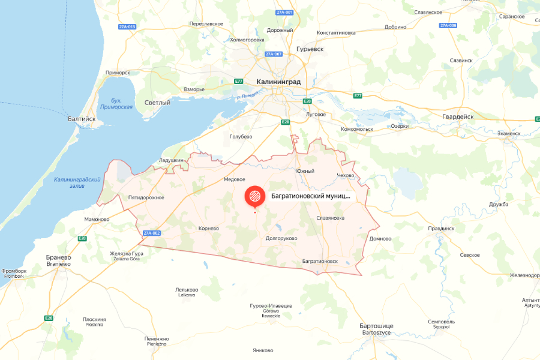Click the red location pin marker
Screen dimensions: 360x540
pos(254,196)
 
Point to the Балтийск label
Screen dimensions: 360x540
pos(82,119)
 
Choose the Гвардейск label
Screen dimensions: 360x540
pos(458,116)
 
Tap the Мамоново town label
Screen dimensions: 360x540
pos(97,219)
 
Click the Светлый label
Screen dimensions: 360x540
pos(157,103)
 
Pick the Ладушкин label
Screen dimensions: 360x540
pos(171,160)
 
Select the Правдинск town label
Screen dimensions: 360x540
pos(441,229)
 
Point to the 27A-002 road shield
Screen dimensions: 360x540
pos(151,233)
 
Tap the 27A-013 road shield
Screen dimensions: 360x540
pos(127,26)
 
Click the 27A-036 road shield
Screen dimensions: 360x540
pos(448,25)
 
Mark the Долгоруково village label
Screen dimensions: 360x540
pos(281,238)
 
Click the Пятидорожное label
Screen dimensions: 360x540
pos(146,197)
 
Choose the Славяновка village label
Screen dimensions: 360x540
pos(330,218)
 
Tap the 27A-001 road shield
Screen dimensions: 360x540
pos(284,13)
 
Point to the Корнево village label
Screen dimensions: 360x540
pos(208,228)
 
